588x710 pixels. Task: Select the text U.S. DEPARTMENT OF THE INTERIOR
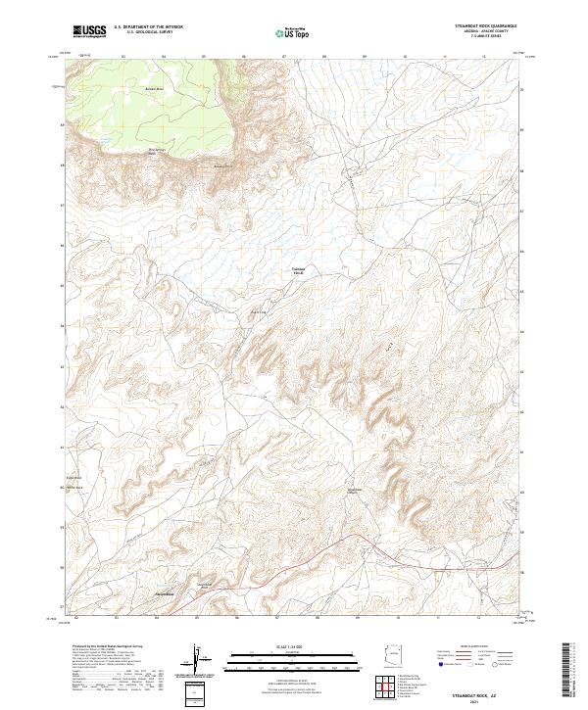pos(148,27)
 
